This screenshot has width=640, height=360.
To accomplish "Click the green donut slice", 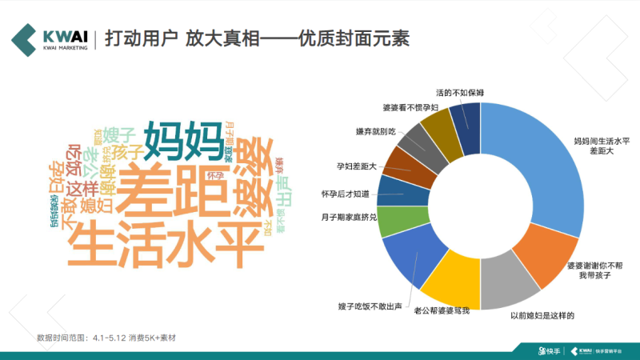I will click(394, 222).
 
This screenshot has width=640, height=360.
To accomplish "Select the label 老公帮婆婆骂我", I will click(437, 311).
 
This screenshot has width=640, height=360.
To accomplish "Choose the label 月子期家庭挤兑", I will click(347, 217).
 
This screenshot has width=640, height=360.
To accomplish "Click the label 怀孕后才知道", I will click(346, 194).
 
